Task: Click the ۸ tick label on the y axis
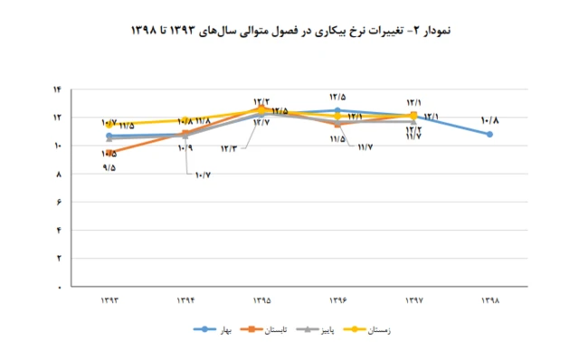point(57,174)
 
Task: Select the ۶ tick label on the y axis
point(57,202)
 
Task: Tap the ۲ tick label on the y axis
point(57,259)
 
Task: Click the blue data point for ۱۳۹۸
point(489,134)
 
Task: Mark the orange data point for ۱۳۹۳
point(109,152)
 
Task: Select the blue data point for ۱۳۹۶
point(337,110)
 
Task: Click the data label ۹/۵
point(109,167)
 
